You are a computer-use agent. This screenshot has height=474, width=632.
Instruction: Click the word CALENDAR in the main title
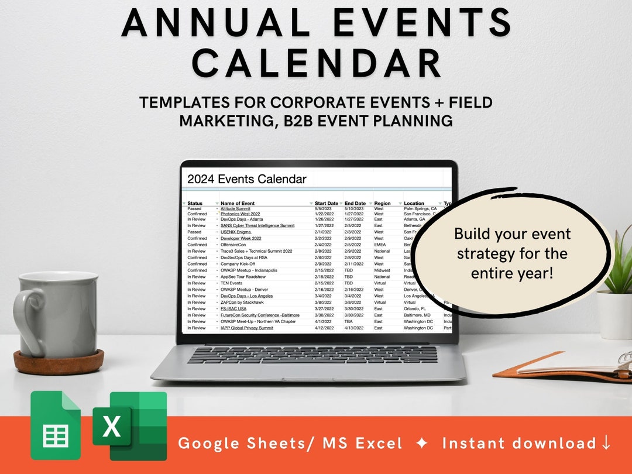316,63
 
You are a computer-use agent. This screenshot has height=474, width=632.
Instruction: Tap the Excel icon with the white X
111,425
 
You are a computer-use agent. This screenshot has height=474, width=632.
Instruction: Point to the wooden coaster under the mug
59,362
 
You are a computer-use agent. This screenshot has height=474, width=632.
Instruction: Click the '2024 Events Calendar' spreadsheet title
246,179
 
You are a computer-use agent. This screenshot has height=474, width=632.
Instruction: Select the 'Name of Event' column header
238,204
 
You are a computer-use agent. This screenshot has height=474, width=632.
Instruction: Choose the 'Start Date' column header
327,204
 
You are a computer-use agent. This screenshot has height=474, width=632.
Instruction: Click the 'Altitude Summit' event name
235,208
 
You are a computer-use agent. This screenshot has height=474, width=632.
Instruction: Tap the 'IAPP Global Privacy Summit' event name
246,328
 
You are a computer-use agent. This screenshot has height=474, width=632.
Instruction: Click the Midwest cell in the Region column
382,270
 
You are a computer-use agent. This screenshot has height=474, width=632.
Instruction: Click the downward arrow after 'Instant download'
606,443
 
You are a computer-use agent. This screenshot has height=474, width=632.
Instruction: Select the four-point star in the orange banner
422,444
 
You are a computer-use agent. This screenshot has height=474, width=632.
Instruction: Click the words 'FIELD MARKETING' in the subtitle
316,112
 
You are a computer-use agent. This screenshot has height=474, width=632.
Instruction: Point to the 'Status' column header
195,204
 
